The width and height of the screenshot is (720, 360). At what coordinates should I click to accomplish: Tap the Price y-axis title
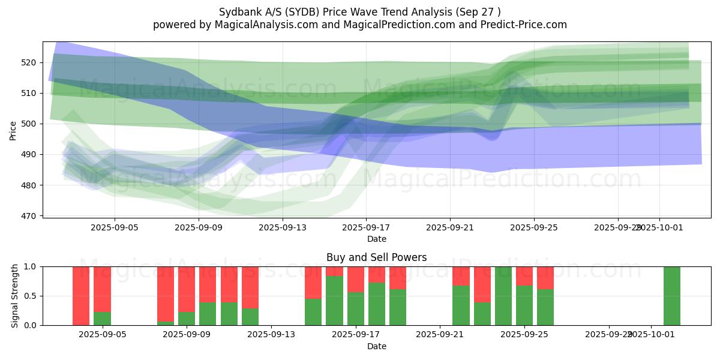pos(13,130)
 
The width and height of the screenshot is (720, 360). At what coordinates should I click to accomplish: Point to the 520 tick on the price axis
pos(29,62)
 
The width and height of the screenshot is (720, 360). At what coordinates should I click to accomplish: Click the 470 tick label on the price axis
pos(29,216)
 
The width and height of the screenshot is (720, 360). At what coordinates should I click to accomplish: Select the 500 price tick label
pos(29,124)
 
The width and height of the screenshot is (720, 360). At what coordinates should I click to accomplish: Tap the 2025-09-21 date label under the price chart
pos(451,228)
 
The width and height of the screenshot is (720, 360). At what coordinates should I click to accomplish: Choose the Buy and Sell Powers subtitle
pos(376,257)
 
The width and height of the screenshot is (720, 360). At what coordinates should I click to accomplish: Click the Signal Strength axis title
pos(14,296)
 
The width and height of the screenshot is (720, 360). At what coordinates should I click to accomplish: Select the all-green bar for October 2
pos(672,296)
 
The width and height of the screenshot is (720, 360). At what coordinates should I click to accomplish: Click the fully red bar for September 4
pos(81,296)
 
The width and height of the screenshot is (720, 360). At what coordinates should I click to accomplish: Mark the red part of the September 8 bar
pos(166,293)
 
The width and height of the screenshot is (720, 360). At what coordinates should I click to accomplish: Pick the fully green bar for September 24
pos(503,296)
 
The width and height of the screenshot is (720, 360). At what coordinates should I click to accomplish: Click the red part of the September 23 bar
pos(482,284)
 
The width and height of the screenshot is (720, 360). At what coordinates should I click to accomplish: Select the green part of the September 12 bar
pos(250,317)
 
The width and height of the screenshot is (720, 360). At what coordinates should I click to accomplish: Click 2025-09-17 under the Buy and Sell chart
pos(356,335)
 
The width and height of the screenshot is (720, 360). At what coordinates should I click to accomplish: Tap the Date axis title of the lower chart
pos(376,346)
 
